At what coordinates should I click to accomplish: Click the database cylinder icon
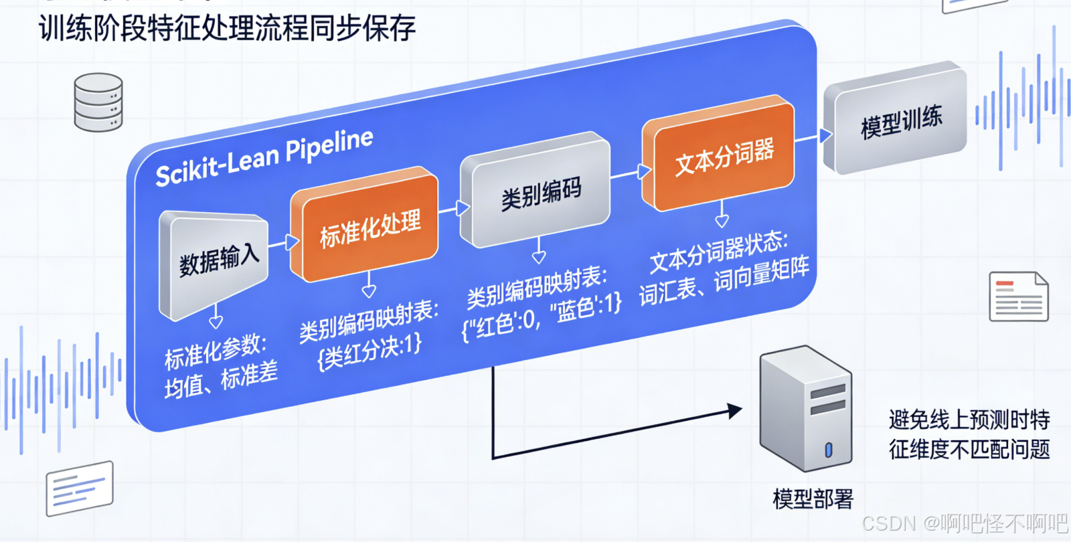(x=98, y=102)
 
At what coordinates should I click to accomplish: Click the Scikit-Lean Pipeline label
(x=264, y=158)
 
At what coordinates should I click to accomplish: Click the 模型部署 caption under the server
(x=813, y=499)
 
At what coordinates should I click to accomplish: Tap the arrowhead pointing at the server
(x=735, y=410)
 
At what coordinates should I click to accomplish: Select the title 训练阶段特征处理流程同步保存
(x=228, y=28)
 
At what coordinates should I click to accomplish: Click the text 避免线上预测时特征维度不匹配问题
(x=969, y=434)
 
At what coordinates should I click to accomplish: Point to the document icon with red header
(x=1018, y=296)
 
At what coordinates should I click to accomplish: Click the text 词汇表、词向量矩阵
(x=724, y=281)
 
